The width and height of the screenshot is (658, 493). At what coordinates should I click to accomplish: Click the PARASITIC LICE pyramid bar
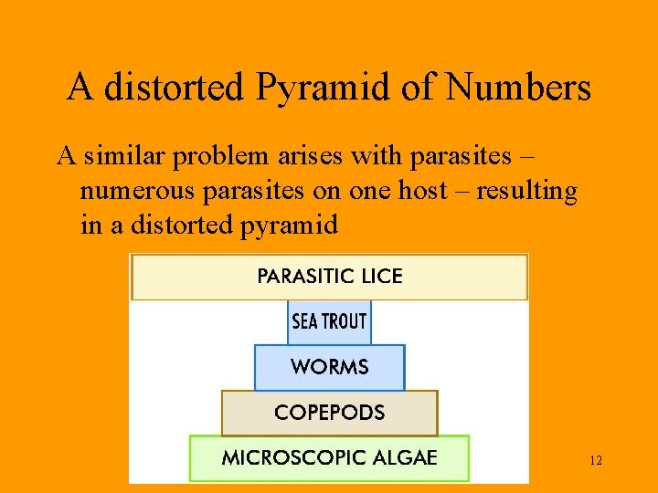(x=330, y=277)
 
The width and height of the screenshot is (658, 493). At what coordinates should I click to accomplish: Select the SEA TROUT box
(x=329, y=321)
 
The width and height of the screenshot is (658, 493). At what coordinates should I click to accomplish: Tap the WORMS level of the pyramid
(x=329, y=367)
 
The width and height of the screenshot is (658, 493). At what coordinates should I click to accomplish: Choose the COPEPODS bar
(x=329, y=413)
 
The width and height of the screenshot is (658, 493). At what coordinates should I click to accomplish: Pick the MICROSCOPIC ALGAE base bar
(x=329, y=458)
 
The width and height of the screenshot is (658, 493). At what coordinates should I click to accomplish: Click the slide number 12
(x=596, y=461)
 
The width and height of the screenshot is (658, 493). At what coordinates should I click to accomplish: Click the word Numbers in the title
(x=518, y=89)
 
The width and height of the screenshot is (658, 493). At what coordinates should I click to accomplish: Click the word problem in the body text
(x=220, y=157)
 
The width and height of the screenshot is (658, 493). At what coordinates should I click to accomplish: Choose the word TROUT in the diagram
(x=343, y=321)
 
